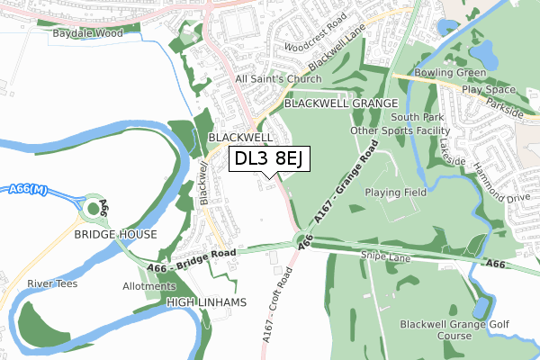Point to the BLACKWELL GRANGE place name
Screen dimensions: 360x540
tap(341, 104)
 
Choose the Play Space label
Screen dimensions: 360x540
tap(489, 90)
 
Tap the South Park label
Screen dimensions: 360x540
tap(417, 117)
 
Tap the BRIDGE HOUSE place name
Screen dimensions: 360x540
tap(116, 234)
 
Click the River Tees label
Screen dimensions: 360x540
tap(51, 284)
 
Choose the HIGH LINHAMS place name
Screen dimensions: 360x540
tap(206, 303)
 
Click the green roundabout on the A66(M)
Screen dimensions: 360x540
tap(92, 210)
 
